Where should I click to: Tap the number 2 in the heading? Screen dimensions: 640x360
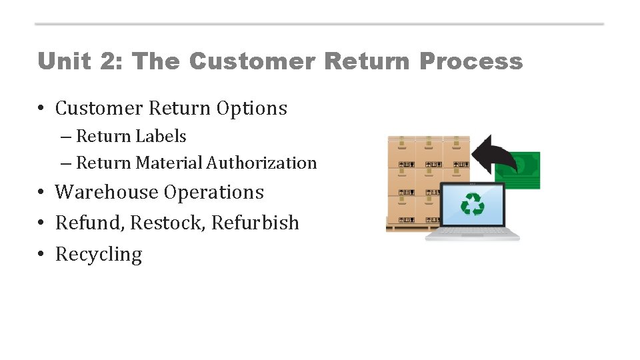pos(106,61)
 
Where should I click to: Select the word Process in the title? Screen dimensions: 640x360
pos(471,61)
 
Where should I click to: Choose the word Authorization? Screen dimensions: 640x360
pos(262,163)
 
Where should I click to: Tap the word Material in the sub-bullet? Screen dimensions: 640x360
pos(169,163)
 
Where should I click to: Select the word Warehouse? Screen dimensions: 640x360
pos(107,192)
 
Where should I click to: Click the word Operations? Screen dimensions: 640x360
pos(214,193)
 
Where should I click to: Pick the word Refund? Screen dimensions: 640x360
pos(90,223)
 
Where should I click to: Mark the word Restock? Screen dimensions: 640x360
pos(167,223)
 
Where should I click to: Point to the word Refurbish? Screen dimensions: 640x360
pos(255,223)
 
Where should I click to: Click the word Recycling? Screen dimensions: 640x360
pos(99,255)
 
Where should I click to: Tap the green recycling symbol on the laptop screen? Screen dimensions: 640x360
pos(473,204)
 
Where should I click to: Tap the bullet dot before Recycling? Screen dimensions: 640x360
pos(41,254)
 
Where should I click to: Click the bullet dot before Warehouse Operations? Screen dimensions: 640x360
pos(41,192)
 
